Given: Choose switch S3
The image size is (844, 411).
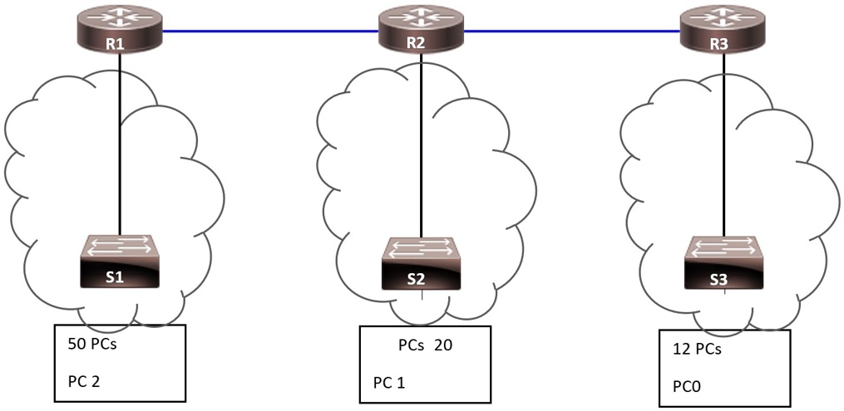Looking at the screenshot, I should (x=721, y=264).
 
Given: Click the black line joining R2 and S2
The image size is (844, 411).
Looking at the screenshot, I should (x=422, y=149).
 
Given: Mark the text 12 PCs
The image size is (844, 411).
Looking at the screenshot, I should (x=696, y=350).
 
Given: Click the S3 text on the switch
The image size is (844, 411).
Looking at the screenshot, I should (x=718, y=280).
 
